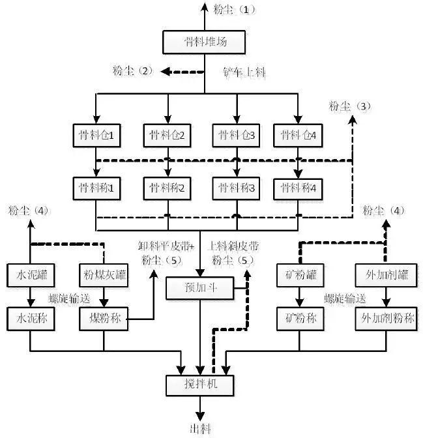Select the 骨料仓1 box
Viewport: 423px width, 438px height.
coord(96,136)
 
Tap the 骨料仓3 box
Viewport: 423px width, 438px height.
coord(236,136)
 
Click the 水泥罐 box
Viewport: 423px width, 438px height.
coord(29,276)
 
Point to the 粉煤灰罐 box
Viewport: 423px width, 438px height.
coord(104,276)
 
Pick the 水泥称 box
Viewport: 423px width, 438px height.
coord(29,319)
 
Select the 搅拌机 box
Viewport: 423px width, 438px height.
coord(199,385)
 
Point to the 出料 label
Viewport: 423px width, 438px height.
coord(199,429)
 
